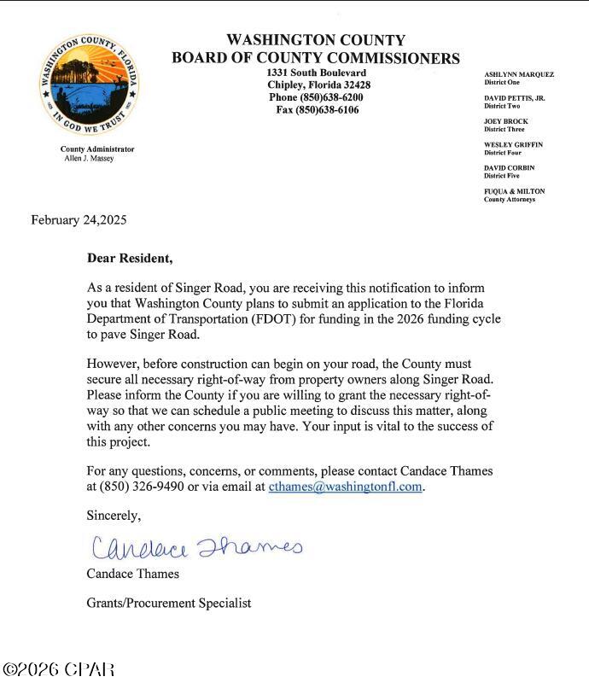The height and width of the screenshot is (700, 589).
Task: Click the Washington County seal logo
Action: point(90,83)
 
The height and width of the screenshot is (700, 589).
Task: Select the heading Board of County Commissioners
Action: point(315,58)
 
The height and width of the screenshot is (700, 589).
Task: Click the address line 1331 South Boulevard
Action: point(317,73)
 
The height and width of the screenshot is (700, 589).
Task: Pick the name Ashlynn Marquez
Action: point(519,74)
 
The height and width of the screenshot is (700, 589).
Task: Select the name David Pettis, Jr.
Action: point(514,98)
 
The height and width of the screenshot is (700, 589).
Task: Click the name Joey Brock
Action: point(505,121)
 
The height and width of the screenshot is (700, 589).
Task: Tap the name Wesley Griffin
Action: point(513,145)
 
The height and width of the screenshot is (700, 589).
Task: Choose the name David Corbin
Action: point(509,168)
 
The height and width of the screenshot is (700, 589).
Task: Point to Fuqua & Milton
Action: point(514,191)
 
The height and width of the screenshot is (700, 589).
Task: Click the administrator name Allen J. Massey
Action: point(89,159)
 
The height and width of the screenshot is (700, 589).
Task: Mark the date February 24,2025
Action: point(79,220)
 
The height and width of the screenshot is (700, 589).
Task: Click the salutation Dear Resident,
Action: point(130,258)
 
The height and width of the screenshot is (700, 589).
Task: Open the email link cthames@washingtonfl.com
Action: point(345,487)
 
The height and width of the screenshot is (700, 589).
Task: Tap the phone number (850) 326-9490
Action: point(142,487)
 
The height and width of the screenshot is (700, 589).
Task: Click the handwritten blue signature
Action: point(196,545)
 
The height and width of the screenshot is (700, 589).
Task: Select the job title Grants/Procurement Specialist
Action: point(169,603)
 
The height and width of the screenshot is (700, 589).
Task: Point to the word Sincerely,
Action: point(114,515)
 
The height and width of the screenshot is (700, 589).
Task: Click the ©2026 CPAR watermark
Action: point(59,669)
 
